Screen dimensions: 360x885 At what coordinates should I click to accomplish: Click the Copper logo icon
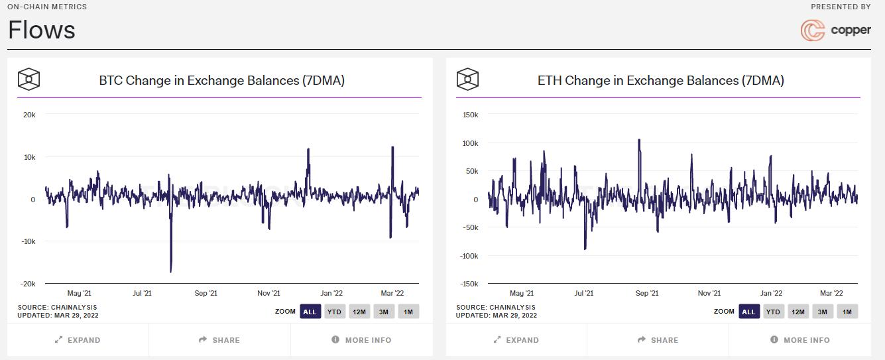pos(813,30)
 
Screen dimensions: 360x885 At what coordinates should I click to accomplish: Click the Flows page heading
pos(42,30)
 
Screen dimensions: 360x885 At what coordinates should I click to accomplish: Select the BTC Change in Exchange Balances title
pos(221,80)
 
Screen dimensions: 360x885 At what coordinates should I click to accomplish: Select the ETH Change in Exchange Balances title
pos(660,80)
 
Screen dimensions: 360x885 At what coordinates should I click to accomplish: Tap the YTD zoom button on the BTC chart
pos(334,312)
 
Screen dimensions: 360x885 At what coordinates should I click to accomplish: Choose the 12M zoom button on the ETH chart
pos(797,312)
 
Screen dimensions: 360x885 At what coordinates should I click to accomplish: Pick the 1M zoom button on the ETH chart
pos(847,312)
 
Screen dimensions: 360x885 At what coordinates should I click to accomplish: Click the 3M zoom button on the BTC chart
pos(383,312)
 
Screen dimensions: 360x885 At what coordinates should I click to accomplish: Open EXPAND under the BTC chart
pos(78,340)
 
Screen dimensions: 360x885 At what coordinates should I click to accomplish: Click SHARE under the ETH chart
pos(658,340)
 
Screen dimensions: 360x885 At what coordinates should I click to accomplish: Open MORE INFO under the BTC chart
pos(361,340)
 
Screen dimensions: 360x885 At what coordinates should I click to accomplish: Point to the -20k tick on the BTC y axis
pos(28,284)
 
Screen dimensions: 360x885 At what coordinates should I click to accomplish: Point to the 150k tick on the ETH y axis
pos(469,115)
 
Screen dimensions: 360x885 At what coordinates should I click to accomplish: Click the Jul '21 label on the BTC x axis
pos(142,293)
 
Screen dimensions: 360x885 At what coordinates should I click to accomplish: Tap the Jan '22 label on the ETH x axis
pos(771,293)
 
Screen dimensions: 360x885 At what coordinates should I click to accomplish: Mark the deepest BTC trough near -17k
pos(171,271)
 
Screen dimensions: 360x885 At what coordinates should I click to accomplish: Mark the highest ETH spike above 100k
pos(639,140)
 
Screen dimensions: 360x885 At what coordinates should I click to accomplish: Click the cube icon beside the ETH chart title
pos(467,80)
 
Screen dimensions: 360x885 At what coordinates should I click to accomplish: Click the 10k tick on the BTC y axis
pos(29,157)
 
